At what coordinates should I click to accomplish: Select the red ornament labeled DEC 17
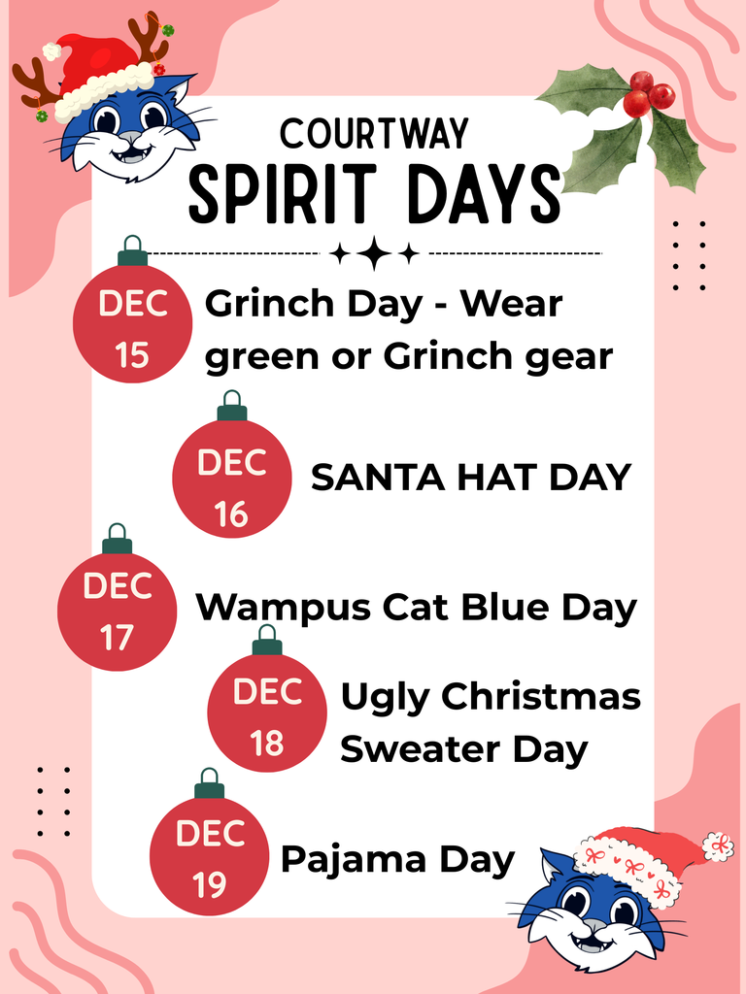pyautogui.click(x=117, y=611)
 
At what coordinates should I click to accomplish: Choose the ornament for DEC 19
pyautogui.click(x=210, y=855)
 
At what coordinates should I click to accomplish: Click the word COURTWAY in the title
pyautogui.click(x=374, y=134)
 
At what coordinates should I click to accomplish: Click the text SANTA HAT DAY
pyautogui.click(x=471, y=478)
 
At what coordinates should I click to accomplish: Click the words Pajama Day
pyautogui.click(x=397, y=859)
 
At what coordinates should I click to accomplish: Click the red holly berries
pyautogui.click(x=648, y=93)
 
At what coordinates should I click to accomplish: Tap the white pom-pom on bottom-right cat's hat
pyautogui.click(x=718, y=845)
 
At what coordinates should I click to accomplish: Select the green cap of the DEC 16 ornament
pyautogui.click(x=231, y=413)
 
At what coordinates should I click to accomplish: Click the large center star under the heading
pyautogui.click(x=374, y=254)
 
